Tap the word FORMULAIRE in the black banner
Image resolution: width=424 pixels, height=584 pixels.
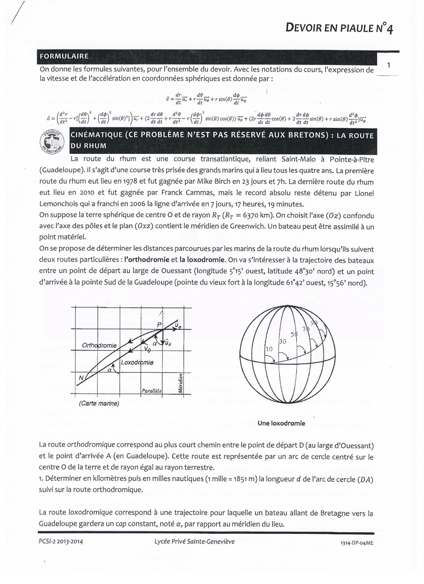(64, 56)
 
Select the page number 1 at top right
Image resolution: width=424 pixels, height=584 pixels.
(388, 65)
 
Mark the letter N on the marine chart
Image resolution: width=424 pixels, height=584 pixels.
(81, 378)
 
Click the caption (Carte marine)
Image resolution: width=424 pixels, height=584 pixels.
(99, 404)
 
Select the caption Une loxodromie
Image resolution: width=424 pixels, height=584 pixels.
(281, 423)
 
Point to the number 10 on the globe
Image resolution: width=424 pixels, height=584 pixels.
(269, 349)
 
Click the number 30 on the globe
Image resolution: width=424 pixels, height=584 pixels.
(283, 341)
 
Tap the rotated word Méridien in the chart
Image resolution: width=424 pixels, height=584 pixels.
(181, 383)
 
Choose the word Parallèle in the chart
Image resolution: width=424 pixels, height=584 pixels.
(152, 391)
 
